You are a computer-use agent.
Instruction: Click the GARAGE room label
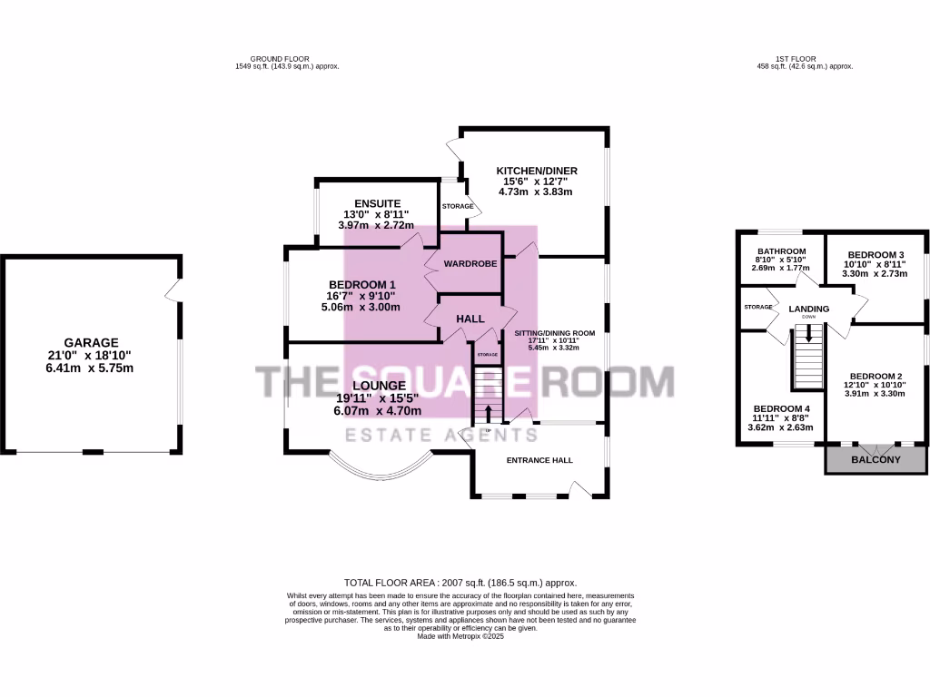[91, 343]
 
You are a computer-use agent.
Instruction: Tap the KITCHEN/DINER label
[536, 171]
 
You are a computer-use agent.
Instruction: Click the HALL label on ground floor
[470, 319]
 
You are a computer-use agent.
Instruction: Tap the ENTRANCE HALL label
[539, 460]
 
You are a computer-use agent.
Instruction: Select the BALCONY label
[876, 460]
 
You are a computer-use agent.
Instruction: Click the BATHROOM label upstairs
[782, 251]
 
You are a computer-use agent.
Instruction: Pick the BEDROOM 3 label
[876, 255]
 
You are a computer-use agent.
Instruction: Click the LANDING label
[808, 309]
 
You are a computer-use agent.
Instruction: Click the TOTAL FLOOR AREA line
[460, 583]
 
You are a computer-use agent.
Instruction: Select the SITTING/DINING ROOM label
[554, 333]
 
